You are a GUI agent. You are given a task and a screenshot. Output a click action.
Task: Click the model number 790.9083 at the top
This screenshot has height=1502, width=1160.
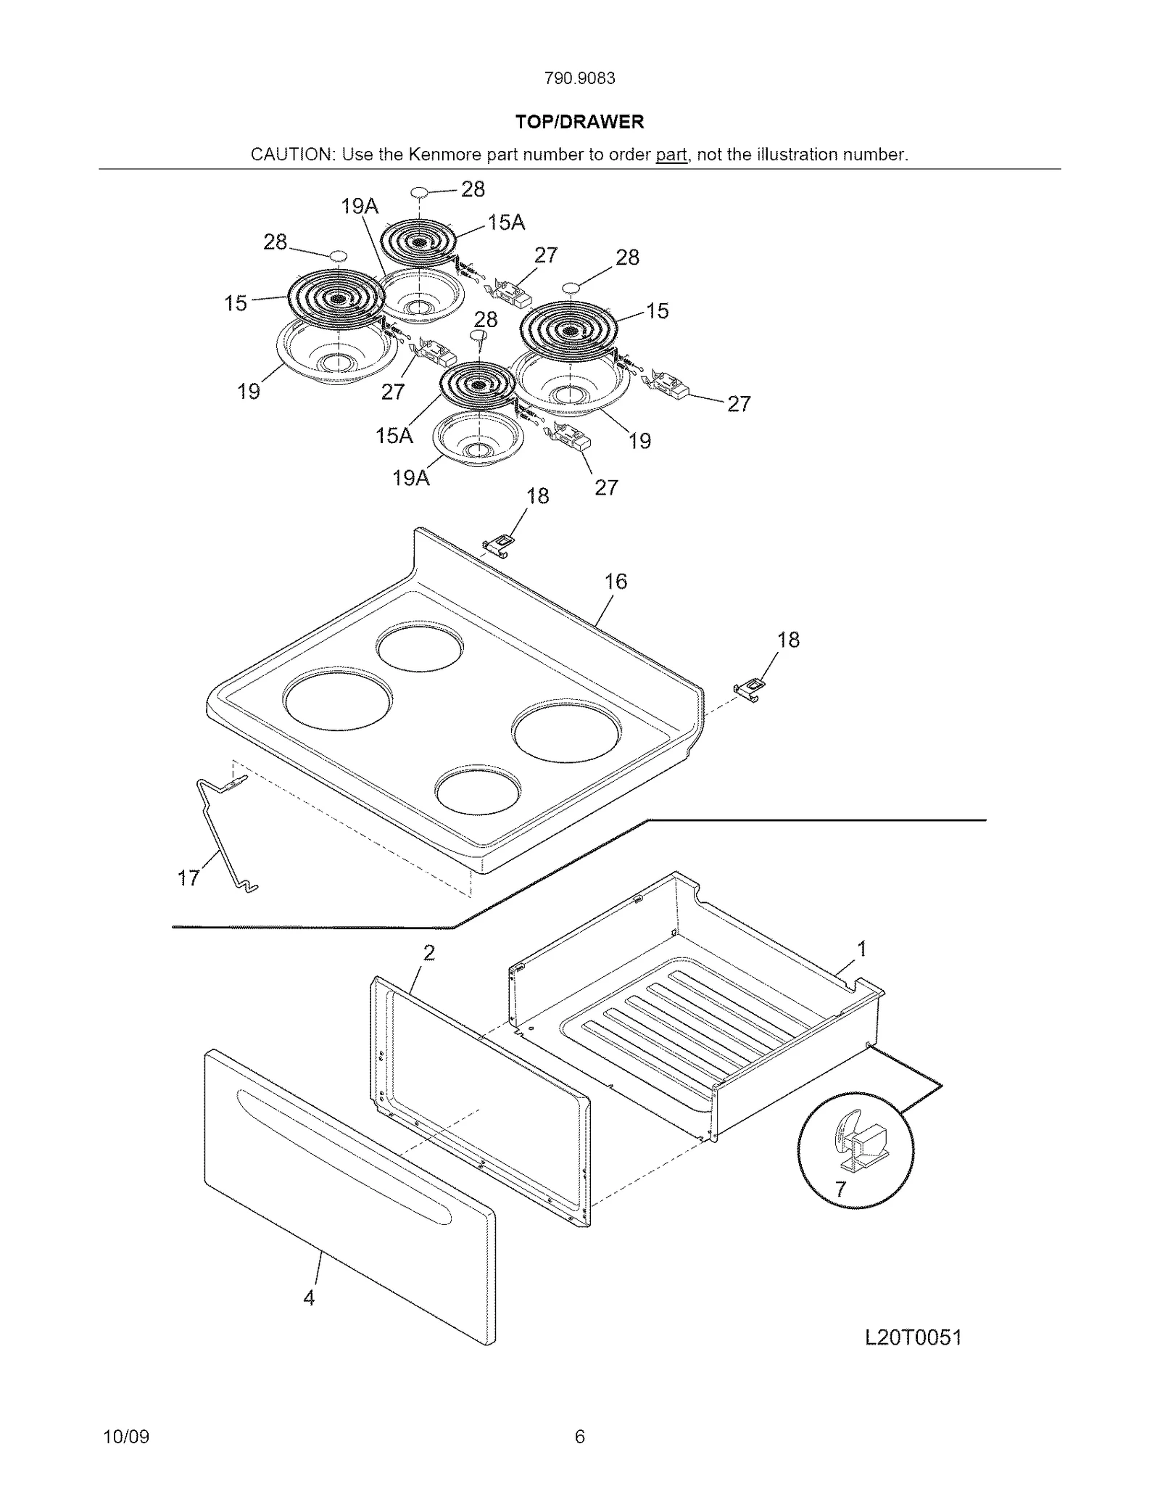coord(579,78)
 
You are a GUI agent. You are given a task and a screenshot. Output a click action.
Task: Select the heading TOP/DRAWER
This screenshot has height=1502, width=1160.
coord(579,122)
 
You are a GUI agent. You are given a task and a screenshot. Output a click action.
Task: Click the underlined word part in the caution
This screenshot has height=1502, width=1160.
coord(671,154)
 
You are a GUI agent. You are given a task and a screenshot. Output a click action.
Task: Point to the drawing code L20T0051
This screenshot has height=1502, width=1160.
coord(913,1338)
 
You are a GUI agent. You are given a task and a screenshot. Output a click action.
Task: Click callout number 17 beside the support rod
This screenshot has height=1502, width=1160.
coord(188,878)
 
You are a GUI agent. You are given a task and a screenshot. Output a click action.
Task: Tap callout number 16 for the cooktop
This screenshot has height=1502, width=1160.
coord(616,581)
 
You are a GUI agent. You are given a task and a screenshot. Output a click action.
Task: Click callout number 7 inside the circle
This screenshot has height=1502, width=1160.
coord(840,1189)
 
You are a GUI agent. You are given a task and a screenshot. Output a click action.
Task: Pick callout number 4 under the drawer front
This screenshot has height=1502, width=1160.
coord(310,1298)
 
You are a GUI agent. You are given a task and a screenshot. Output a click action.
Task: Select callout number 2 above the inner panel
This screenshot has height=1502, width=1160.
coord(429,953)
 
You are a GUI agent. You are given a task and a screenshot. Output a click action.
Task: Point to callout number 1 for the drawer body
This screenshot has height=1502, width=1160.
coord(862,949)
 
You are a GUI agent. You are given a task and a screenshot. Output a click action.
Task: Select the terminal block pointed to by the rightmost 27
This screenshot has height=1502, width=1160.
coord(668,384)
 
